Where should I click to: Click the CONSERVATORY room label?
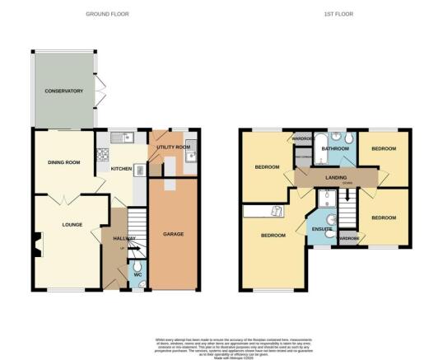[x=64, y=91]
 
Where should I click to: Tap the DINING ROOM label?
[x=64, y=162]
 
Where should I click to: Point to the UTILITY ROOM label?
[x=175, y=147]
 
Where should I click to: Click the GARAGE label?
[x=172, y=233]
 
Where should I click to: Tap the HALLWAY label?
[x=113, y=238]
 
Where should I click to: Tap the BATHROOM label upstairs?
[x=336, y=149]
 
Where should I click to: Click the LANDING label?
[x=334, y=177]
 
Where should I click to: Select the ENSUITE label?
[x=320, y=227]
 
